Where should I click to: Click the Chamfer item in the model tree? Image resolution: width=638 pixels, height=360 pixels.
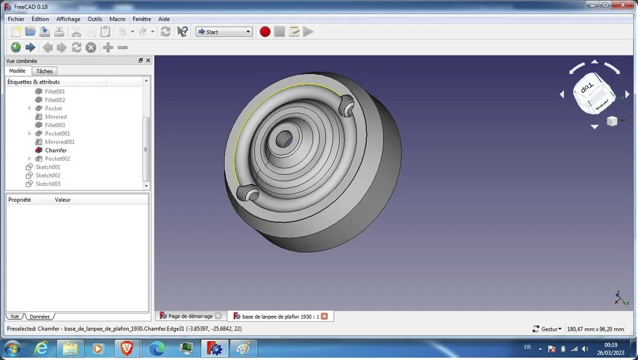[55, 150]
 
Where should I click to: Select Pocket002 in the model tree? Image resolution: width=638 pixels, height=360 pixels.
[57, 159]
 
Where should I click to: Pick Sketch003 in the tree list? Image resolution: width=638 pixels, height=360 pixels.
[48, 184]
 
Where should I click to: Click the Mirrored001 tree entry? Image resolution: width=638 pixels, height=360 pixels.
[60, 142]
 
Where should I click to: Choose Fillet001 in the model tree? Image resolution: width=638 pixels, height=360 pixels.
[55, 92]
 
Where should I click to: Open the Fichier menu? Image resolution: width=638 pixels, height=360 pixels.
[16, 19]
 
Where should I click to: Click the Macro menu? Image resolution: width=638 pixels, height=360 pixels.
[117, 19]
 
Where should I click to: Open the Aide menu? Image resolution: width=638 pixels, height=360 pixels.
[164, 19]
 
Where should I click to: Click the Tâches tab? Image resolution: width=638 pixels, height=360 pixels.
[44, 71]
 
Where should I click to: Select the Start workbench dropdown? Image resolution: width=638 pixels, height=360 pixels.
[224, 32]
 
